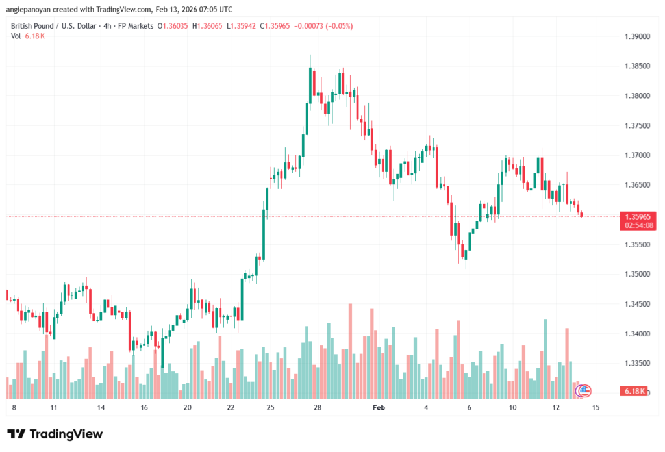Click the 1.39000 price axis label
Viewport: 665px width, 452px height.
click(x=636, y=36)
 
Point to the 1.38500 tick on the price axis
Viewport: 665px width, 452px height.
click(x=636, y=66)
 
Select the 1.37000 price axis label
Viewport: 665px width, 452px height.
click(x=636, y=155)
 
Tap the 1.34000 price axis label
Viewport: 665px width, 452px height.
click(x=636, y=334)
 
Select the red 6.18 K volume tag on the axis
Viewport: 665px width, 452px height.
click(x=634, y=391)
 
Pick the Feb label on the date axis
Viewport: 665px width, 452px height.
click(x=379, y=408)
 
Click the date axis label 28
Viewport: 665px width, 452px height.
click(x=317, y=408)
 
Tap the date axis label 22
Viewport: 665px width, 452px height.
click(x=231, y=408)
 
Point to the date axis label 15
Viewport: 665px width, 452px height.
click(x=596, y=408)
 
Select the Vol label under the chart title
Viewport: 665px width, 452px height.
click(x=16, y=35)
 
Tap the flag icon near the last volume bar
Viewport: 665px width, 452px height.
click(x=584, y=390)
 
